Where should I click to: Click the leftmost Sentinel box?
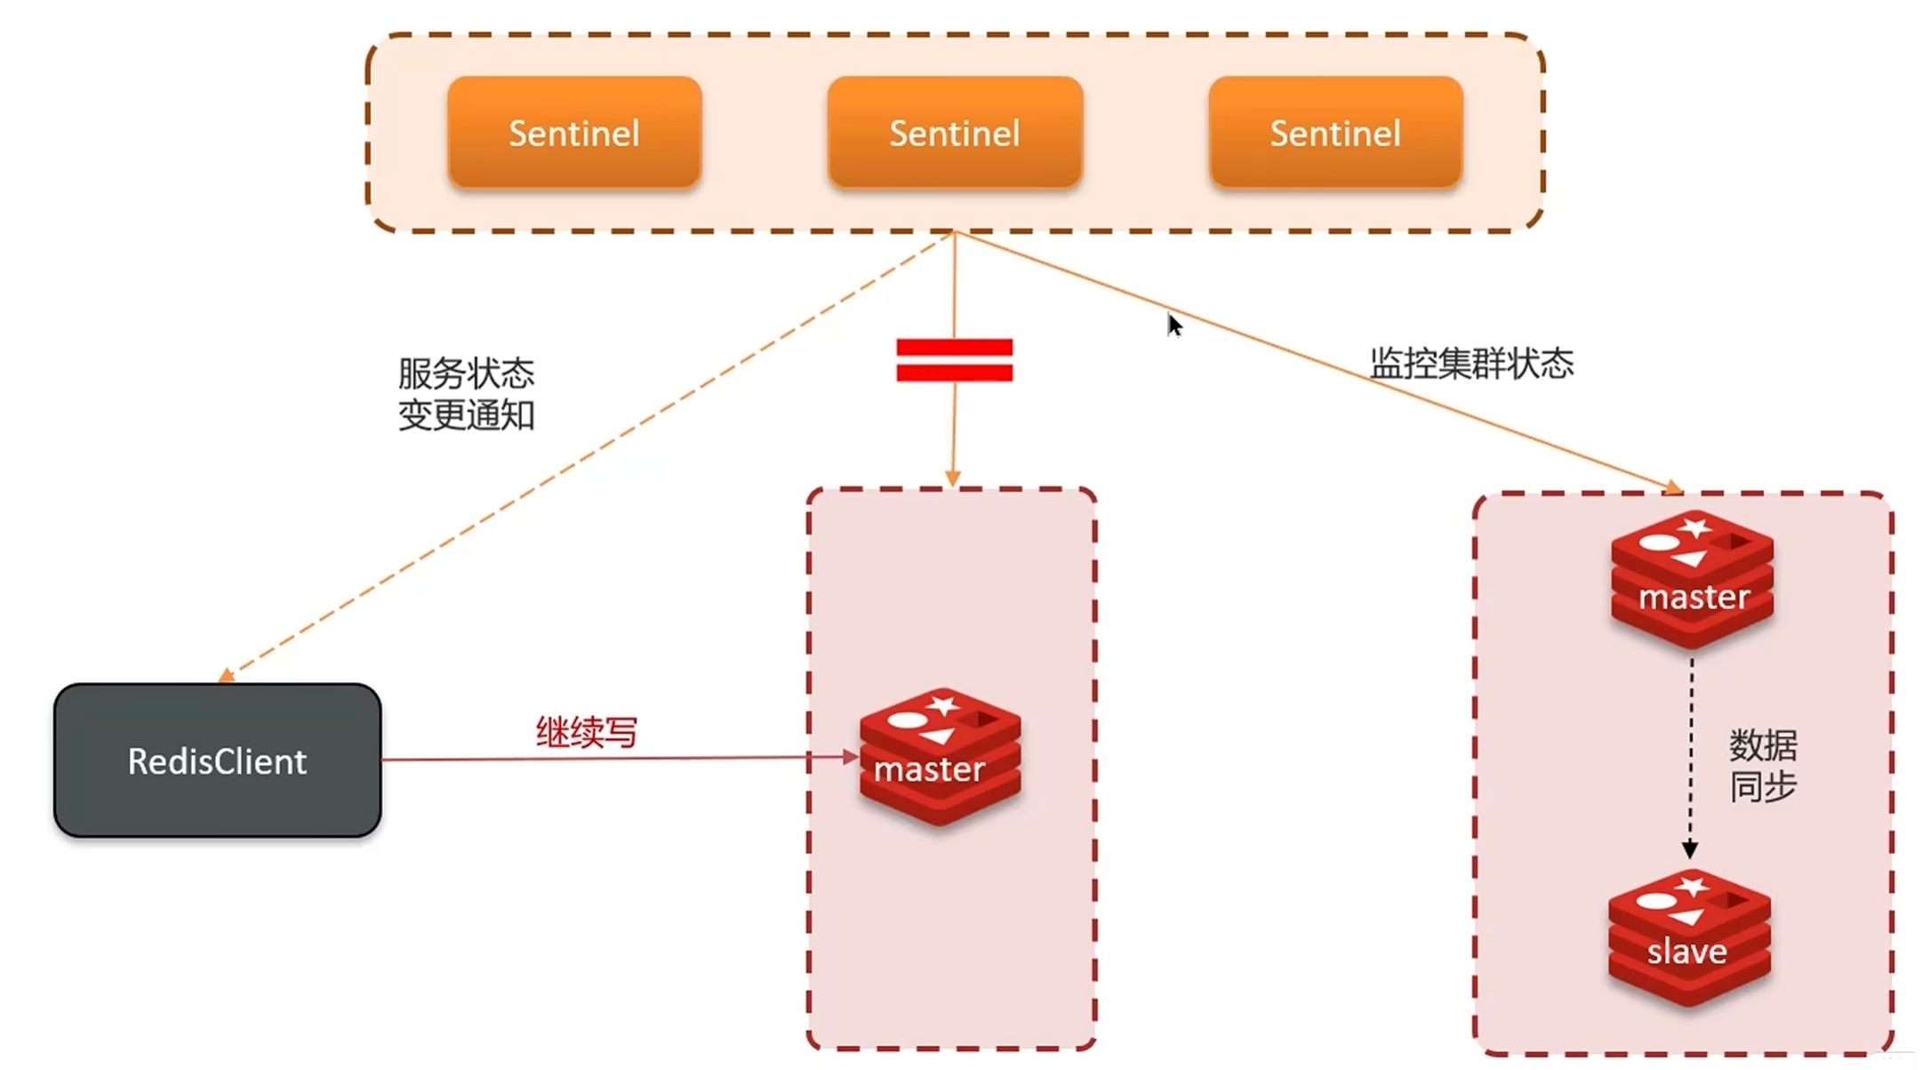pos(574,133)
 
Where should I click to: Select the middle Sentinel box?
pos(955,133)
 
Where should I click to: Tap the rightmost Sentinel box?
pos(1335,133)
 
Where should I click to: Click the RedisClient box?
pos(218,760)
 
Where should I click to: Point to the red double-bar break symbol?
pos(954,360)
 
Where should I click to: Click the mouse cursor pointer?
pos(1174,325)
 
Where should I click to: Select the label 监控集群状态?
pos(1471,364)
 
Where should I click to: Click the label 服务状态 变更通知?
pos(466,394)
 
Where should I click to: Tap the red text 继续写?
pos(587,732)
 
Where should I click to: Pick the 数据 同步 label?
pos(1763,765)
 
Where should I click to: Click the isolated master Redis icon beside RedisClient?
pos(940,757)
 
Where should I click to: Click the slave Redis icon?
pos(1689,938)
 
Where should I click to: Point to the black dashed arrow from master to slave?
pos(1691,756)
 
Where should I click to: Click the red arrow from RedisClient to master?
pos(613,759)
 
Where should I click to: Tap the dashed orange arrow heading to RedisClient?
pos(587,455)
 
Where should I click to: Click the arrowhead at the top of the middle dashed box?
pos(952,479)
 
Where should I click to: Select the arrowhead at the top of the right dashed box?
pos(1674,487)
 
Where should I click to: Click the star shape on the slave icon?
pos(1692,887)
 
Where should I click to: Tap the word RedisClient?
pos(218,761)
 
